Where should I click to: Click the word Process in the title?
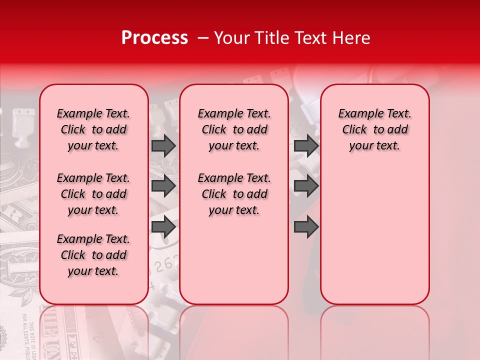(x=154, y=37)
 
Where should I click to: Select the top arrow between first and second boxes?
(x=163, y=146)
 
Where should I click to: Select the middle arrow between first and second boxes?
(x=163, y=186)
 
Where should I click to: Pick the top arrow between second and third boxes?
(x=306, y=146)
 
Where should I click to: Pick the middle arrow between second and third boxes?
(x=306, y=186)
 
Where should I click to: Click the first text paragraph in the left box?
(x=93, y=129)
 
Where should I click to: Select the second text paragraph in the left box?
(x=93, y=194)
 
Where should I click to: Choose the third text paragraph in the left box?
(x=93, y=255)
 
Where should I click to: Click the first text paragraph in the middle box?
(x=234, y=129)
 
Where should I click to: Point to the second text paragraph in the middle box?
(x=234, y=194)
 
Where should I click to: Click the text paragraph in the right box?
(x=375, y=129)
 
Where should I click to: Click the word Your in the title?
(x=230, y=37)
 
